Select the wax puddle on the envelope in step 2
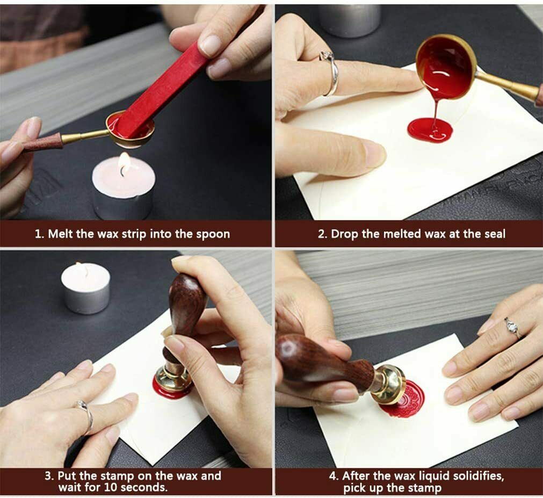tap(430, 130)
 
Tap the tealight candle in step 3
tap(86, 287)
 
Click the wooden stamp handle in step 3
tap(185, 312)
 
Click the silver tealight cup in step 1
tap(122, 204)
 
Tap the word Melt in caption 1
tap(60, 234)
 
